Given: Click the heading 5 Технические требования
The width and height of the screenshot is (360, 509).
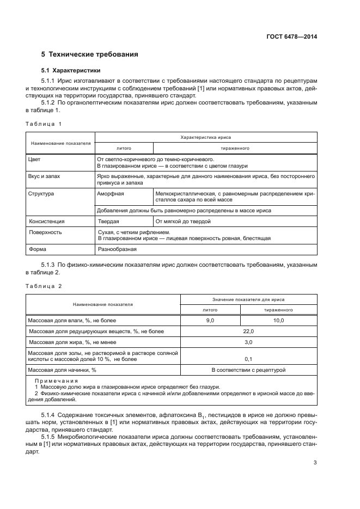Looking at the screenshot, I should pyautogui.click(x=90, y=54).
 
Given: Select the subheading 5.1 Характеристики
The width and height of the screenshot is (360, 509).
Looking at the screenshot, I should pyautogui.click(x=71, y=71).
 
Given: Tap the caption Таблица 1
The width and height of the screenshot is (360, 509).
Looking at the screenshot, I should pyautogui.click(x=44, y=124).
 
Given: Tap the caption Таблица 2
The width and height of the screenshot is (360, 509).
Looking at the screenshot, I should pyautogui.click(x=44, y=286).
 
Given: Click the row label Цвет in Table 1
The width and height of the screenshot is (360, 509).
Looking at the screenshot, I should pyautogui.click(x=34, y=160).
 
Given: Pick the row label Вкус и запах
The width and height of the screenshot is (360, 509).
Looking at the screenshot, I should pyautogui.click(x=45, y=177).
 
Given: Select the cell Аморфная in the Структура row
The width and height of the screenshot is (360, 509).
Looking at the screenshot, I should pyautogui.click(x=110, y=193).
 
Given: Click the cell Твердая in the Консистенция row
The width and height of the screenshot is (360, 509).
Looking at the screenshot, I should pyautogui.click(x=108, y=222).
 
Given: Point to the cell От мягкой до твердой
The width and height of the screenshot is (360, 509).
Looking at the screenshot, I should pyautogui.click(x=182, y=222).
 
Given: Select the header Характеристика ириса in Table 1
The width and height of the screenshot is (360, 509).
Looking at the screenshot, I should pyautogui.click(x=205, y=138).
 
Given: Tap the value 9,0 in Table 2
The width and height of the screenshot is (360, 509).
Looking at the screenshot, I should pyautogui.click(x=210, y=321).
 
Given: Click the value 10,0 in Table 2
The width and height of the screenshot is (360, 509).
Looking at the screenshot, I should pyautogui.click(x=279, y=321).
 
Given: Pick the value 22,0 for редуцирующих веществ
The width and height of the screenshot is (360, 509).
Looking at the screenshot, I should pyautogui.click(x=248, y=331).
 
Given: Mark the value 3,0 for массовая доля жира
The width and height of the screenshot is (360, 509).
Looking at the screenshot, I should pyautogui.click(x=248, y=342).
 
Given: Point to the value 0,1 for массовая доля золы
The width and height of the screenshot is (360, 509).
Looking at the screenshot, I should pyautogui.click(x=248, y=359).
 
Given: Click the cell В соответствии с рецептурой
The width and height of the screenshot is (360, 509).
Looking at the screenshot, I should pyautogui.click(x=248, y=370).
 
